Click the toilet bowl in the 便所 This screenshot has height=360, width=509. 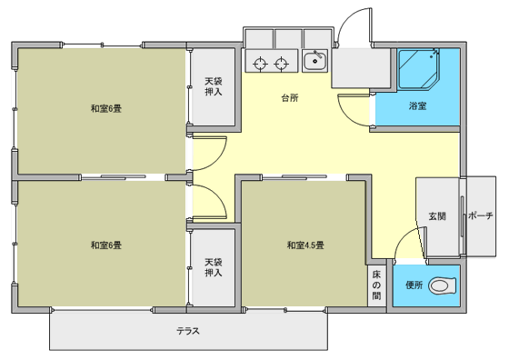(442, 285)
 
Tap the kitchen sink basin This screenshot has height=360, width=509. (314, 60)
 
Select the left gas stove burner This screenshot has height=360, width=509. (260, 64)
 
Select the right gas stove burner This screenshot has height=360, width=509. (281, 64)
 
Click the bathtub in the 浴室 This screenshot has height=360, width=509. (419, 69)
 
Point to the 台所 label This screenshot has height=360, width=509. (290, 97)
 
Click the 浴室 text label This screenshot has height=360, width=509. (417, 105)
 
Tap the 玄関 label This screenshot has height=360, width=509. (437, 216)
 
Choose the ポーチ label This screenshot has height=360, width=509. (481, 215)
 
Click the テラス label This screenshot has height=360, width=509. (188, 331)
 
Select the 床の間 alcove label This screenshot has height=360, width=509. (376, 285)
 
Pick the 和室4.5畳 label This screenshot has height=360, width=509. (305, 245)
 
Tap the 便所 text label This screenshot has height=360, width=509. (414, 285)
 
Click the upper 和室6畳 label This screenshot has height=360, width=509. (105, 108)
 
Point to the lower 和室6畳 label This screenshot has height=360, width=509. (105, 245)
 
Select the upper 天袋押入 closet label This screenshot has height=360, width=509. (214, 86)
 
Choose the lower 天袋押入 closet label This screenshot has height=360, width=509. (214, 267)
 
